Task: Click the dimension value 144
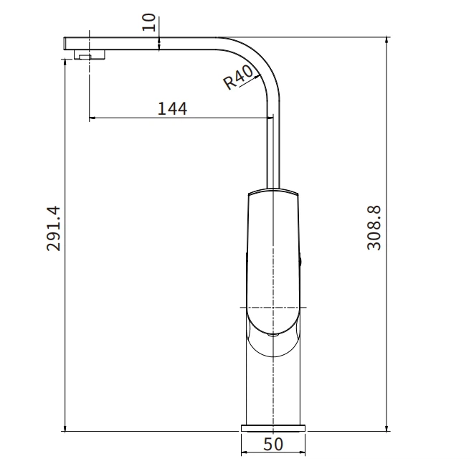click(172, 108)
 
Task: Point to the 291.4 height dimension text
click(53, 228)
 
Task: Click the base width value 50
click(273, 445)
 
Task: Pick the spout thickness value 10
click(148, 22)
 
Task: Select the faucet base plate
click(273, 428)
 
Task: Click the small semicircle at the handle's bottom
click(273, 333)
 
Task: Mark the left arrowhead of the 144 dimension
click(92, 118)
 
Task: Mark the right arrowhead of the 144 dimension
click(270, 118)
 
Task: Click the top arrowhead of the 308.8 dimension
click(387, 40)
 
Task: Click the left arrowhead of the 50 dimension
click(243, 453)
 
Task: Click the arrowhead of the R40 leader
click(254, 67)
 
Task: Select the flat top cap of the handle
click(273, 192)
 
